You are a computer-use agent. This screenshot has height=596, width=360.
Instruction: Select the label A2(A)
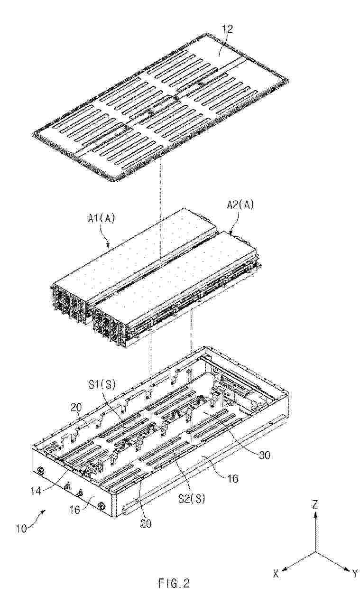click(240, 205)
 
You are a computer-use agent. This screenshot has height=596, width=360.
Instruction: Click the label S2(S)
click(192, 499)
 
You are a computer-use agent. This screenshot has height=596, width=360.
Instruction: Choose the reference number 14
click(36, 490)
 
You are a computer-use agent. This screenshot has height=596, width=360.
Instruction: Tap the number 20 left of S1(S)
click(77, 407)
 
